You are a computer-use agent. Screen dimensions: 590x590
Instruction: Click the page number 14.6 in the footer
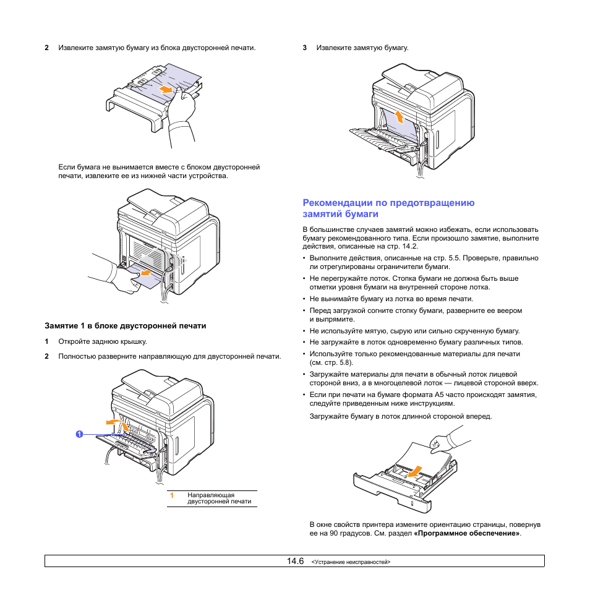point(295,561)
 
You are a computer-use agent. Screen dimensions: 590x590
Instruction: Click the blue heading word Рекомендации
point(333,202)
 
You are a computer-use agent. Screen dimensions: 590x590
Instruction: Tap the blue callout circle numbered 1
point(80,434)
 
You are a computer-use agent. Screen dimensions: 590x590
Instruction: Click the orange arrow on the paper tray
point(417,471)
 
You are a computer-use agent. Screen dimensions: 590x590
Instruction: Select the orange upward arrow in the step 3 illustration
point(399,116)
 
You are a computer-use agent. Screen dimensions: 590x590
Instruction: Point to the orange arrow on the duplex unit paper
point(165,90)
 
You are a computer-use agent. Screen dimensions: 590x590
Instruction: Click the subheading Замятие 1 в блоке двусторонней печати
point(125,325)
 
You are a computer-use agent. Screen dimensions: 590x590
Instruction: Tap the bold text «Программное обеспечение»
point(468,532)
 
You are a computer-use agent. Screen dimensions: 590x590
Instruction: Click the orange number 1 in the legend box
point(173,495)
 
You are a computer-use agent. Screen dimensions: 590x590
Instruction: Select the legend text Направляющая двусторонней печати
point(219,498)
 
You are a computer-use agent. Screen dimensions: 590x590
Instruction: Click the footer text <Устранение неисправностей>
point(351,562)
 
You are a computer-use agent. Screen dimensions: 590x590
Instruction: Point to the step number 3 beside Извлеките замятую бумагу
point(305,48)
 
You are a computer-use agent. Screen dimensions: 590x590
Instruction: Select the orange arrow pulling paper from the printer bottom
point(145,271)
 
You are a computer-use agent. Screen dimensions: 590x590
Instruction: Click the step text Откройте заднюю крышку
point(103,341)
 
